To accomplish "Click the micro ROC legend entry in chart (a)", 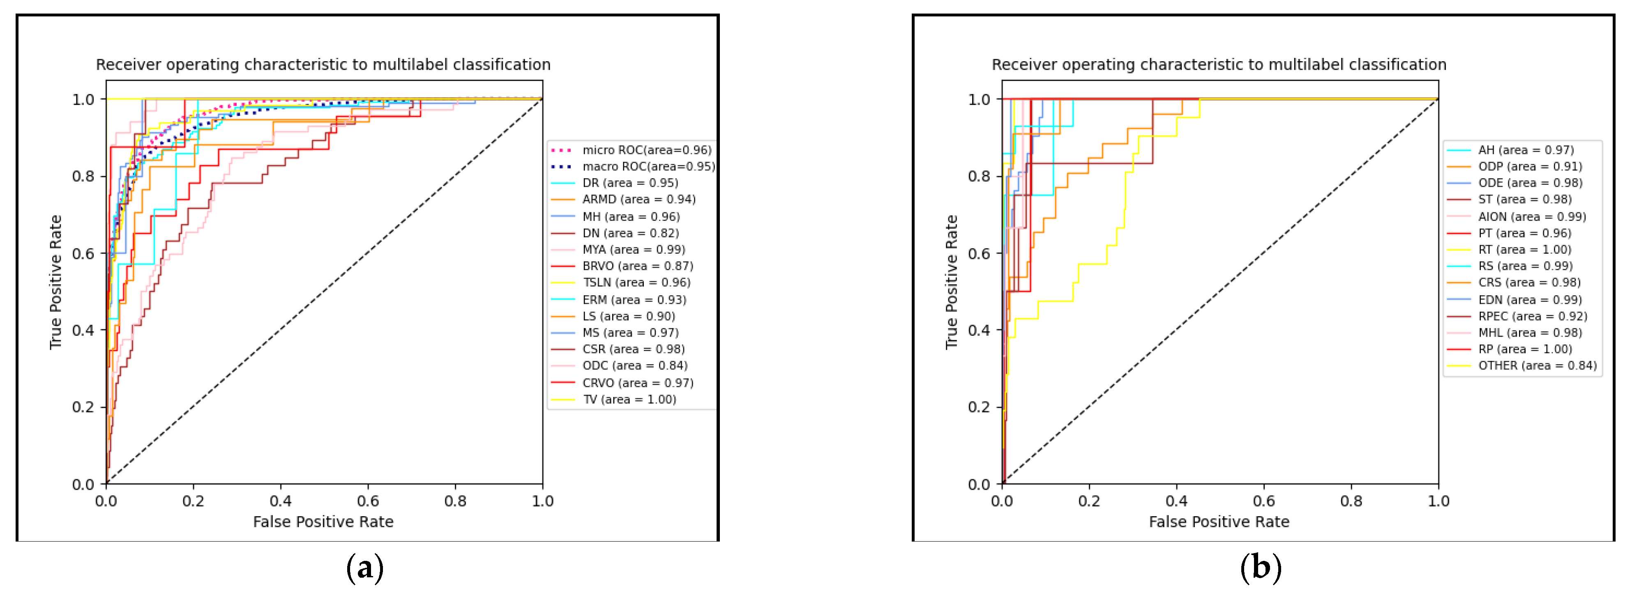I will pos(646,150).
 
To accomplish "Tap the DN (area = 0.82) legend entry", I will pos(630,233).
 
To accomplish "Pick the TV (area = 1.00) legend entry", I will pos(629,399).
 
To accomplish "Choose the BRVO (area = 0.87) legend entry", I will pos(637,266).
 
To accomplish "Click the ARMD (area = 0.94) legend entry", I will pos(638,199).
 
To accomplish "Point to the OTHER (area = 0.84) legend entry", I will pos(1537,365).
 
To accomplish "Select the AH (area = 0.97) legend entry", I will pos(1525,150).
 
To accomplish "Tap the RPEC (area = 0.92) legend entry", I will pos(1532,316).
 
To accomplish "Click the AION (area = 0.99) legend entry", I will pos(1531,217).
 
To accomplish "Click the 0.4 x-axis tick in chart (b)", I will pos(1176,501).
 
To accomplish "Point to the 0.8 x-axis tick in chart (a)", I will pos(455,501).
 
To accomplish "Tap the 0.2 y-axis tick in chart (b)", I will pos(979,407).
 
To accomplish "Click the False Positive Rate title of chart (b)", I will pos(1218,522).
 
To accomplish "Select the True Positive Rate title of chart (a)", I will pos(56,282).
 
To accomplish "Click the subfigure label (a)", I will pos(364,567).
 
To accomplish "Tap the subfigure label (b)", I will pos(1261,567).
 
